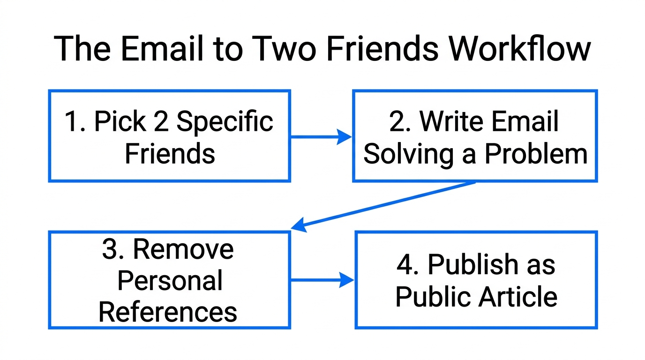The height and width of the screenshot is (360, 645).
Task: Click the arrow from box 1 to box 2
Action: (x=321, y=137)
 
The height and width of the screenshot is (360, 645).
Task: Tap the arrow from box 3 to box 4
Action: (x=322, y=280)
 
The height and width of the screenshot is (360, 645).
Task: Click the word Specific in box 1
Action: (x=225, y=122)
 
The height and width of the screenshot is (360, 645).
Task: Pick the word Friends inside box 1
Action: (x=170, y=153)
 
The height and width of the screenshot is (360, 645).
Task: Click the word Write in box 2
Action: (x=450, y=121)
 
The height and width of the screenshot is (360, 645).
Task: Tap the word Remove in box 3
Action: (x=183, y=249)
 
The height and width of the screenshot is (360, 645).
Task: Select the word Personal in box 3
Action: (x=170, y=280)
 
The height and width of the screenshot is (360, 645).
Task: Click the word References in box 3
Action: (x=168, y=311)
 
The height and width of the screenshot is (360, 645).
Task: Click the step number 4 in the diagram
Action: (x=405, y=265)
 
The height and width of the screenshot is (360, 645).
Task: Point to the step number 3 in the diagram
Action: (x=109, y=249)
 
